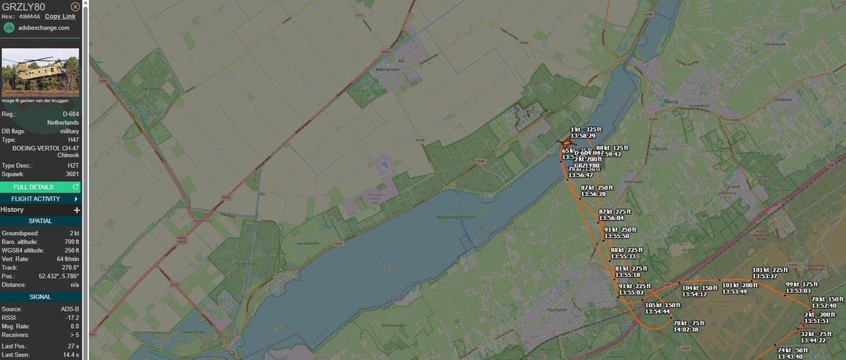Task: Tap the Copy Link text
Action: coord(60,16)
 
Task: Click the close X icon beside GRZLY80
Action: coord(75,6)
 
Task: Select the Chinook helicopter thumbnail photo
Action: coord(40,73)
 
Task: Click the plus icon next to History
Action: coord(77,210)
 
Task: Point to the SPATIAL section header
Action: coord(40,221)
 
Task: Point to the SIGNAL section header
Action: coord(40,297)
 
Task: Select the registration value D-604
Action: coord(70,114)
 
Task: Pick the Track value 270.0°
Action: coord(69,268)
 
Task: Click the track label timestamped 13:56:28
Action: coord(593,191)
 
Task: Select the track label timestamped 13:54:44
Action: coord(658,308)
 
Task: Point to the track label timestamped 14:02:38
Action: coord(685,326)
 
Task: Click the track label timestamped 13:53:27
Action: coord(769,272)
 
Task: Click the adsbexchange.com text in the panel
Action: coord(44,28)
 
